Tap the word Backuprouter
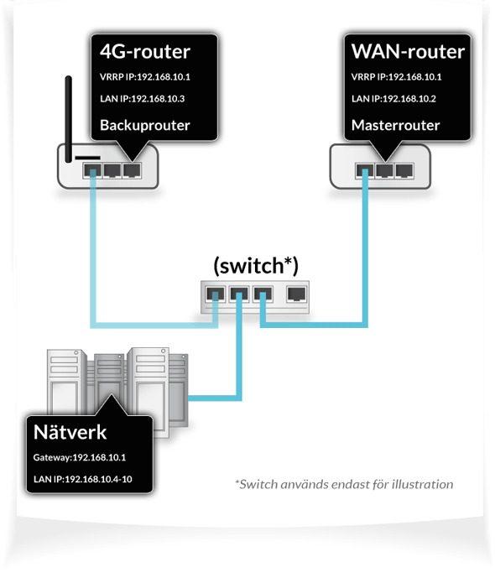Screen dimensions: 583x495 tap(145, 125)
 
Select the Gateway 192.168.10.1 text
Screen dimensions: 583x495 tap(80, 458)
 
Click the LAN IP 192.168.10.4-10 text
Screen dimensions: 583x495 tap(82, 482)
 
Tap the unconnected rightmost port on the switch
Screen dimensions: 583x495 tap(296, 294)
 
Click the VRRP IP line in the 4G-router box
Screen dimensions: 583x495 tap(141, 77)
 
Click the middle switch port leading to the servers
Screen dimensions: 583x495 tap(240, 294)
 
